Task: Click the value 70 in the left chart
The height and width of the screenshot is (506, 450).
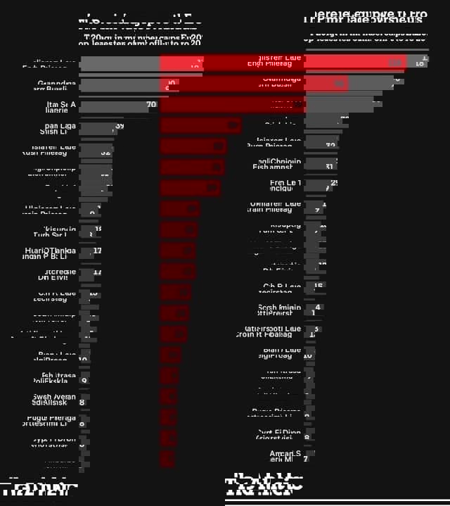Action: [x=151, y=105]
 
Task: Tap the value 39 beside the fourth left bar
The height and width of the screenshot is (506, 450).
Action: [x=119, y=126]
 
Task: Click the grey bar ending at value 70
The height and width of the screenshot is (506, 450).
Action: [x=112, y=107]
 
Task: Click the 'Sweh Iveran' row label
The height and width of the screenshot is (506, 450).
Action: [x=55, y=399]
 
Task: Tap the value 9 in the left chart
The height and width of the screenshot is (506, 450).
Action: [x=84, y=380]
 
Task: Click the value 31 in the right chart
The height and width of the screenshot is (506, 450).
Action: [x=329, y=167]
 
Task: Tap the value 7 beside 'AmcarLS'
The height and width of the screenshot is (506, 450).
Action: [x=305, y=459]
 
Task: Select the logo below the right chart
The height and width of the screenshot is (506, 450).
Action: [x=264, y=486]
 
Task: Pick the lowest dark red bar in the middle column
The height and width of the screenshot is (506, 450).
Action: [x=167, y=459]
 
